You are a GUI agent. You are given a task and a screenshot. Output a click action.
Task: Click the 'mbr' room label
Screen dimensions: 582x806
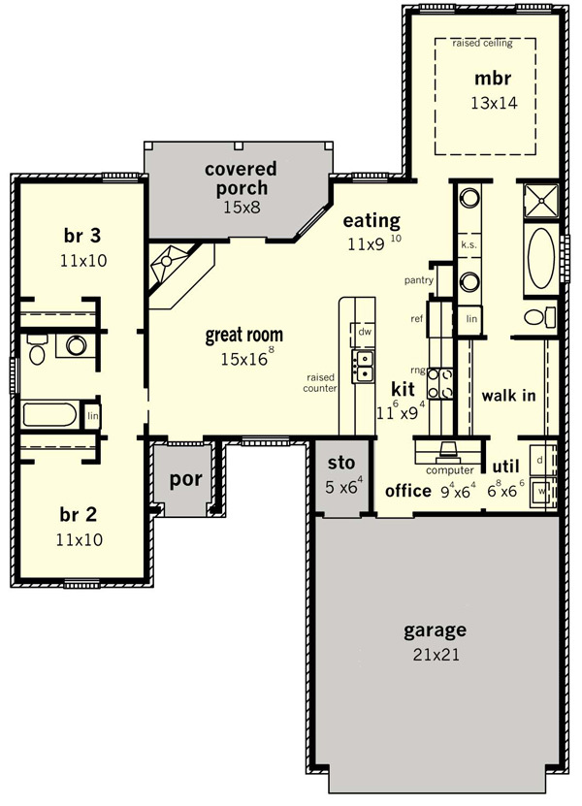pyautogui.click(x=493, y=79)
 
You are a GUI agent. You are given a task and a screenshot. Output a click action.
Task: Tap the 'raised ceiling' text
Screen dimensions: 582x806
pyautogui.click(x=482, y=44)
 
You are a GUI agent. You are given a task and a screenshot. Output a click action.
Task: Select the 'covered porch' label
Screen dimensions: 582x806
pyautogui.click(x=241, y=178)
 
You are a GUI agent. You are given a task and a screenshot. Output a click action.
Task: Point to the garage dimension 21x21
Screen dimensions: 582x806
pyautogui.click(x=436, y=655)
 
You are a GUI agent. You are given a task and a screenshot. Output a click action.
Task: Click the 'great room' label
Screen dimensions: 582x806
pyautogui.click(x=244, y=336)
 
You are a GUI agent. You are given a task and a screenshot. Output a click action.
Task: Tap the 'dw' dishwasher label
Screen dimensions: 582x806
pyautogui.click(x=365, y=332)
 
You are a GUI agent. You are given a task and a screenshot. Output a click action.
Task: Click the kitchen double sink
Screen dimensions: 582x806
pyautogui.click(x=363, y=366)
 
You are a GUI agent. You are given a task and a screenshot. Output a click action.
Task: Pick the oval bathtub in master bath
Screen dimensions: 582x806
pyautogui.click(x=541, y=259)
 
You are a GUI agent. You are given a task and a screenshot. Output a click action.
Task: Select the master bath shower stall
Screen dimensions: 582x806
pyautogui.click(x=540, y=201)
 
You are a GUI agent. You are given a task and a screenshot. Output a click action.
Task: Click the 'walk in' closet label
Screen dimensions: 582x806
pyautogui.click(x=508, y=396)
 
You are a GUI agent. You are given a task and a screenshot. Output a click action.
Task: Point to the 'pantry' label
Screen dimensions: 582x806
pyautogui.click(x=418, y=280)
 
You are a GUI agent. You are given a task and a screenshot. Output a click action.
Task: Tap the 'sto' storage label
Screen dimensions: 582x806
pyautogui.click(x=341, y=463)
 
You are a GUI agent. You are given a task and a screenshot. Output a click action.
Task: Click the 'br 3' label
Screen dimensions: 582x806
pyautogui.click(x=82, y=236)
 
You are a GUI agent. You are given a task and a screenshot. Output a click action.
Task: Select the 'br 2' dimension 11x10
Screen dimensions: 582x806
pyautogui.click(x=80, y=539)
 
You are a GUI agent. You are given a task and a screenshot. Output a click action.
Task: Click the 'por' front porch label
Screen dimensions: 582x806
pyautogui.click(x=185, y=480)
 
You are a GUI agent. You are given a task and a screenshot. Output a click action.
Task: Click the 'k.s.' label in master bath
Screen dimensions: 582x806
pyautogui.click(x=469, y=244)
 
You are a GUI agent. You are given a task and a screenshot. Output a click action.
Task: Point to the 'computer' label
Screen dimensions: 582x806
pyautogui.click(x=450, y=469)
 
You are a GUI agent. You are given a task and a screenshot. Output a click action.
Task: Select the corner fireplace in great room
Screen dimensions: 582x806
pyautogui.click(x=175, y=272)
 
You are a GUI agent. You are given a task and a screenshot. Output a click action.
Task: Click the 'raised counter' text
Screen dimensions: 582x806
pyautogui.click(x=320, y=383)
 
